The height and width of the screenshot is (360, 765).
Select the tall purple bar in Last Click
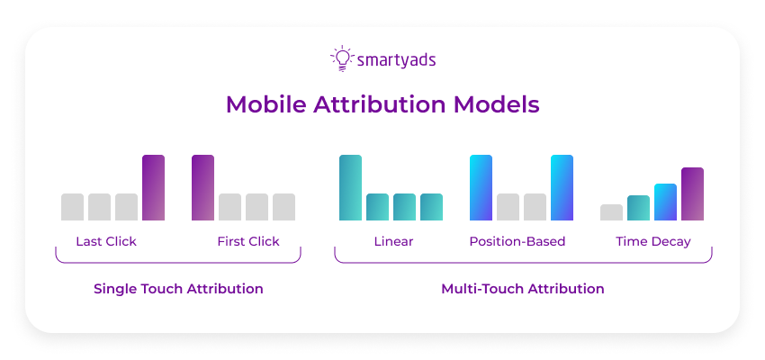154,187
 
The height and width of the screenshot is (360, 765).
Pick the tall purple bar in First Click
202,187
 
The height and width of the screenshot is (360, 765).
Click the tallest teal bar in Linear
350,187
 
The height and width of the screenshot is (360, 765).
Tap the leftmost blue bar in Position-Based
481,187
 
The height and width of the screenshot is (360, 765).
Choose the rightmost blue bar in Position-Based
562,187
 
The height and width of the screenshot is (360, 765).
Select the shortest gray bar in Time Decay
611,212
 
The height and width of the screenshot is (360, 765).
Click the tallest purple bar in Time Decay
692,193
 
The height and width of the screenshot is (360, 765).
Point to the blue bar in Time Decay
665,202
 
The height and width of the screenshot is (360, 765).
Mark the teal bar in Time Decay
638,208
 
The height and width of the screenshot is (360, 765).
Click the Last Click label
107,241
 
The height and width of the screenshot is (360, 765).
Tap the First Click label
248,241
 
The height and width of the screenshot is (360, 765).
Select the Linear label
393,241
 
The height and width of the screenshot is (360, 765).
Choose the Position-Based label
517,241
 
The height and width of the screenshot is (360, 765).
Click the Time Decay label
653,241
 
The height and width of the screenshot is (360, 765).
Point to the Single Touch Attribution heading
178,289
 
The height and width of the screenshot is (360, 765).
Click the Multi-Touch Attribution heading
523,289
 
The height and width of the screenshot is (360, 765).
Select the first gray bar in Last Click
72,207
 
